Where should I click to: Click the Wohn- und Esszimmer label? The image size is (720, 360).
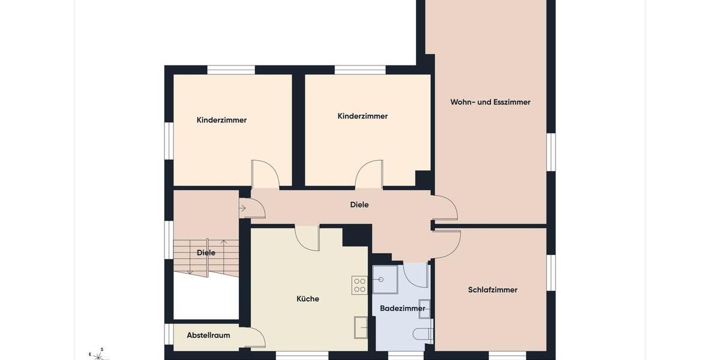pos(490,102)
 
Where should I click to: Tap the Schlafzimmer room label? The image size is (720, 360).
pos(493,290)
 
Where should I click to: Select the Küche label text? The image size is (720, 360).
pos(308,299)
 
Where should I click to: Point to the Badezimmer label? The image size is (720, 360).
pos(403,308)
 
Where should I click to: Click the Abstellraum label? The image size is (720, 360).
pos(208,335)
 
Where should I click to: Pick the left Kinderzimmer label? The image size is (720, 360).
pos(221,120)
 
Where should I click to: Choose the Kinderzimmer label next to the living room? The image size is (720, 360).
pos(362,116)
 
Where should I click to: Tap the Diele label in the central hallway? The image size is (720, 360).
pos(359,205)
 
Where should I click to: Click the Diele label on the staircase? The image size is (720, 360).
pos(206,253)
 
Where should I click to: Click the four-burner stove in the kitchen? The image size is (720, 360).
pos(359,284)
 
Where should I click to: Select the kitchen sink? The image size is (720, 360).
pos(361,327)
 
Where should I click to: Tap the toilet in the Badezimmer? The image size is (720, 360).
pos(423,334)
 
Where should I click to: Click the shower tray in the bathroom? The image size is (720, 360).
pos(385,280)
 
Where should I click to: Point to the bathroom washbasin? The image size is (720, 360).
pos(424,308)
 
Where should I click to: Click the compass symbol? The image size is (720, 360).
pos(98,355)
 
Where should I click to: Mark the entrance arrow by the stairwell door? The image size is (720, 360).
pos(242,208)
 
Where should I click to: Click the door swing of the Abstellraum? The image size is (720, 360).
pos(257,337)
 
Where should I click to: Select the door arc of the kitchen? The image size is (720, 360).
pos(308,238)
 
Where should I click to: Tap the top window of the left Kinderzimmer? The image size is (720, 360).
pos(231,70)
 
